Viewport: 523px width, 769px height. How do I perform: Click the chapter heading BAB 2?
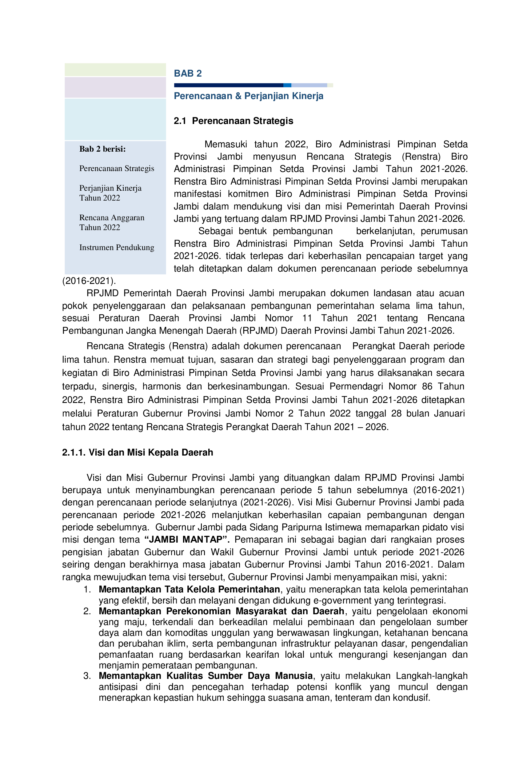(x=188, y=74)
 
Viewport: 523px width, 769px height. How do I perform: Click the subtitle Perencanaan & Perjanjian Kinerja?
(x=248, y=96)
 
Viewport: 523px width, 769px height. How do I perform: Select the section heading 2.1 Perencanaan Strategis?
(x=234, y=121)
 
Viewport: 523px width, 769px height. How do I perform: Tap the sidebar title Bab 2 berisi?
(x=102, y=149)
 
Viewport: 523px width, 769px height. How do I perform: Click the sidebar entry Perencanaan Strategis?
(x=117, y=169)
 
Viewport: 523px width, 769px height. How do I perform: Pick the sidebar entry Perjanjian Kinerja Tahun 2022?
(x=110, y=193)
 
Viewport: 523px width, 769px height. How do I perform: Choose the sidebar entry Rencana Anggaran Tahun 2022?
(x=112, y=222)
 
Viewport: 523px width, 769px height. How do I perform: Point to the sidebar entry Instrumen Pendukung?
(x=117, y=247)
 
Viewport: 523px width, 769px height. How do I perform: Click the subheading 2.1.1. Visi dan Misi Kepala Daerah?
(x=138, y=452)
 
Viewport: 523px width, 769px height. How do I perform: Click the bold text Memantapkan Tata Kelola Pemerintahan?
(x=189, y=589)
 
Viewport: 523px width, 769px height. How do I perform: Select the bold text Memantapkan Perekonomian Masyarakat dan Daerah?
(x=222, y=611)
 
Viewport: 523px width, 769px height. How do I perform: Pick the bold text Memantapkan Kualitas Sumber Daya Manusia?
(x=206, y=676)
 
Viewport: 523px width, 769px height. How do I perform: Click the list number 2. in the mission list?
(x=87, y=611)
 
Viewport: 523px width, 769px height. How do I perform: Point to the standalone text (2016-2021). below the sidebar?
(x=89, y=281)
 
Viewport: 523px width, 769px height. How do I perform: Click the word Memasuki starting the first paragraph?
(x=226, y=144)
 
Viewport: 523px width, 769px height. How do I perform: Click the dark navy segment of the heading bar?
(x=228, y=85)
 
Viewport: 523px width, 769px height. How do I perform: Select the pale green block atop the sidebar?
(x=115, y=70)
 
